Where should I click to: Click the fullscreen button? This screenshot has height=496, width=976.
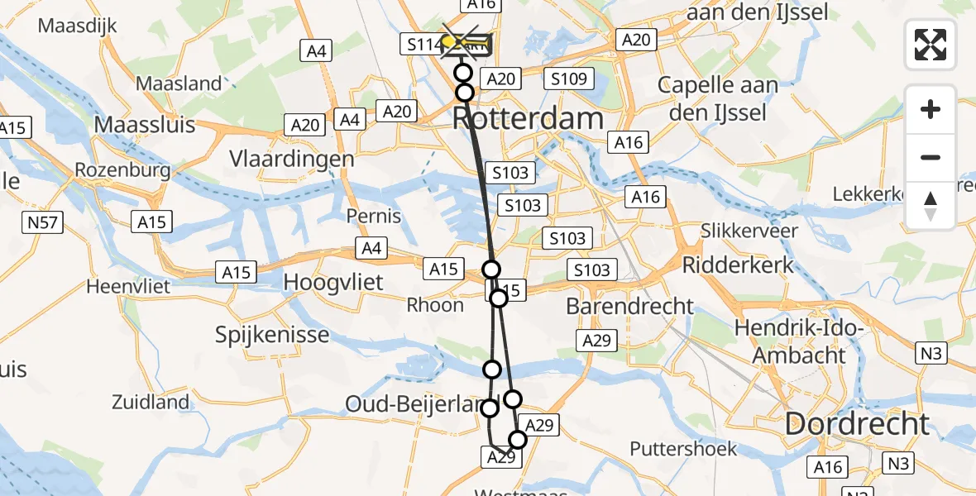931,45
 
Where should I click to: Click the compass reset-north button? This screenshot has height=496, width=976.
931,206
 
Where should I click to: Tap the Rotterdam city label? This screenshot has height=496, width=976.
529,118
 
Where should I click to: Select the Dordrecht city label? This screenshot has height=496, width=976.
857,424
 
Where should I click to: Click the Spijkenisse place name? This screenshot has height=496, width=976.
272,336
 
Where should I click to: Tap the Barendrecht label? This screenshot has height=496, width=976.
629,306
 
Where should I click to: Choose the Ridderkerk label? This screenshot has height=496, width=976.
738,265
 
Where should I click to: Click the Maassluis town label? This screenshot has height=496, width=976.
146,125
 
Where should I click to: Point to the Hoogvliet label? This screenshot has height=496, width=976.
333,282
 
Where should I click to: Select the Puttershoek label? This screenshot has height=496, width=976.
682,449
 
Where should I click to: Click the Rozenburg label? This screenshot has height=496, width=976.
122,170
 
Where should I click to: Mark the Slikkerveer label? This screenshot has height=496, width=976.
749,231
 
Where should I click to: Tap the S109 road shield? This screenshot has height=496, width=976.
570,79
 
